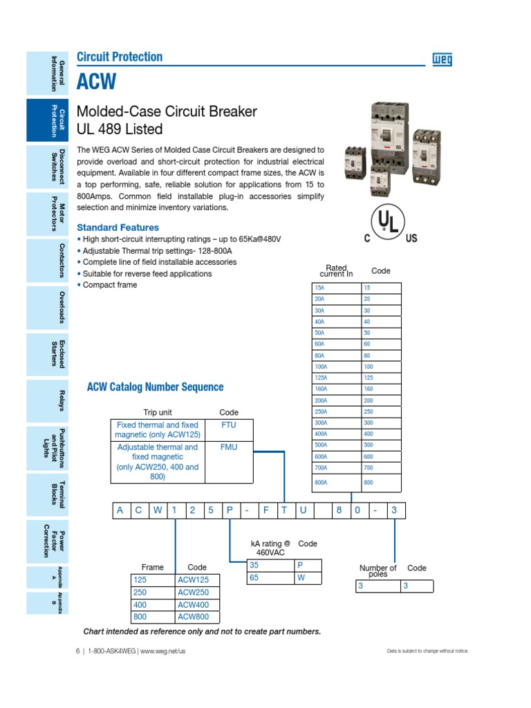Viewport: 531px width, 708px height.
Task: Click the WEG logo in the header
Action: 442,60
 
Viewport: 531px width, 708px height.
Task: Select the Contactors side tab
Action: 46,261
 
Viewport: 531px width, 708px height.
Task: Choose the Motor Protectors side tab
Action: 46,214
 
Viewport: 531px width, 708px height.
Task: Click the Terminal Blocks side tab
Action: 46,495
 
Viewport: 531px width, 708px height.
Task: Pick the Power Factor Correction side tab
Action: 46,541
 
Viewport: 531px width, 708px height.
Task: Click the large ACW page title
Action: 96,82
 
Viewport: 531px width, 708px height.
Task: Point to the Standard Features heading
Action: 118,227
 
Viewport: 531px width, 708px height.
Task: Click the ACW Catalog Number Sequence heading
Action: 155,387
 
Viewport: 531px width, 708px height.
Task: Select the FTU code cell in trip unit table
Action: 228,425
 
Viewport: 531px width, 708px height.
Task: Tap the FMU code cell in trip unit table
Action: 228,447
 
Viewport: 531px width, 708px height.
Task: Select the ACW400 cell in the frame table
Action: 198,605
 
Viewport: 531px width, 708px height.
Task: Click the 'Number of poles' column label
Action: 378,571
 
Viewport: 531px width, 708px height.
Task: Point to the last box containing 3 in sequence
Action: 395,511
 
